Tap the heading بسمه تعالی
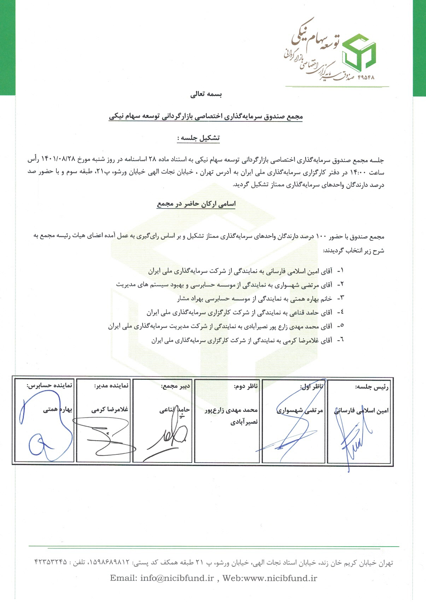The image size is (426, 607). (x=206, y=95)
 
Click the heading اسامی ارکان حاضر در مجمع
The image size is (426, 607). (x=197, y=204)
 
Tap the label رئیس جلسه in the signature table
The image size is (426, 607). (x=372, y=387)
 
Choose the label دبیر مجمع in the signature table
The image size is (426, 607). (x=176, y=386)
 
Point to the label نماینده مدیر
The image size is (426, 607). (x=112, y=386)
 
